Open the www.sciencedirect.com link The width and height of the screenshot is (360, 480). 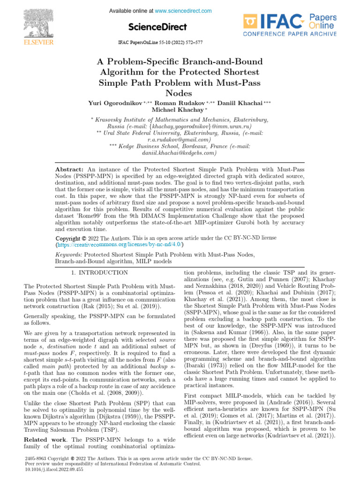tap(183, 11)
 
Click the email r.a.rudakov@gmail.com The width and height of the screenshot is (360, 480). tap(179, 140)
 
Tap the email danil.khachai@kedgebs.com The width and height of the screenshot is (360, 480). tap(179, 153)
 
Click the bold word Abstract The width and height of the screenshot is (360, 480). tap(68, 168)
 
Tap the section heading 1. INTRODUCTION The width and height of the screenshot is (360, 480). tap(99, 272)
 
